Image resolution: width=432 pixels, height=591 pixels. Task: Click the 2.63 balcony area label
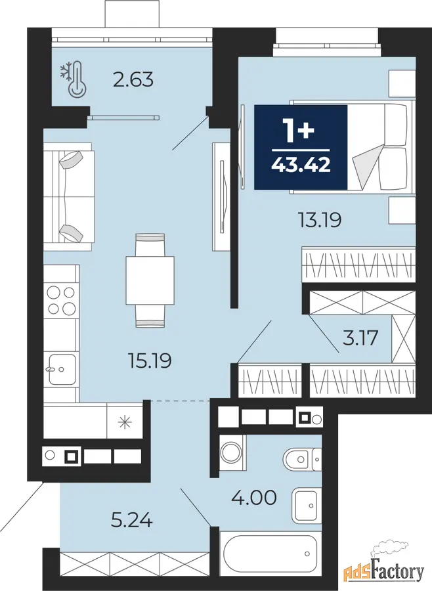click(x=133, y=80)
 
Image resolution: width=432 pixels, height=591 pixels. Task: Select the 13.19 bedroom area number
click(x=320, y=220)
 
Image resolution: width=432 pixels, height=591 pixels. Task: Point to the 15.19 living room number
click(x=150, y=361)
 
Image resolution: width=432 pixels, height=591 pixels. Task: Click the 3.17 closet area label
click(x=360, y=338)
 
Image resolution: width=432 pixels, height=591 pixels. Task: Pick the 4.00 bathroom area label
click(x=254, y=498)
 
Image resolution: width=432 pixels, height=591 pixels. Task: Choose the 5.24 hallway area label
click(x=132, y=521)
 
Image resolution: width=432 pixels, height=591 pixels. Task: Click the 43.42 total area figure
click(x=301, y=165)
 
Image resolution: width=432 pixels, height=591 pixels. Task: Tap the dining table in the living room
click(x=150, y=280)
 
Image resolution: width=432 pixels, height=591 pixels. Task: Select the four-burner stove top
click(x=62, y=300)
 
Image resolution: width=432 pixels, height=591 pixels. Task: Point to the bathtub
click(x=270, y=554)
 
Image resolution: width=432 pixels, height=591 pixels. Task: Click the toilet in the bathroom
click(x=302, y=460)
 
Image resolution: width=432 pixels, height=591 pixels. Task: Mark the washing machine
click(x=232, y=452)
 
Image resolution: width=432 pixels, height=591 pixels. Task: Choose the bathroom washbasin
click(x=307, y=506)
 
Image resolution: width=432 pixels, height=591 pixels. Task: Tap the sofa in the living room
click(x=68, y=196)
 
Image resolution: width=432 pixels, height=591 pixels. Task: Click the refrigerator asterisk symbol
click(x=125, y=422)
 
